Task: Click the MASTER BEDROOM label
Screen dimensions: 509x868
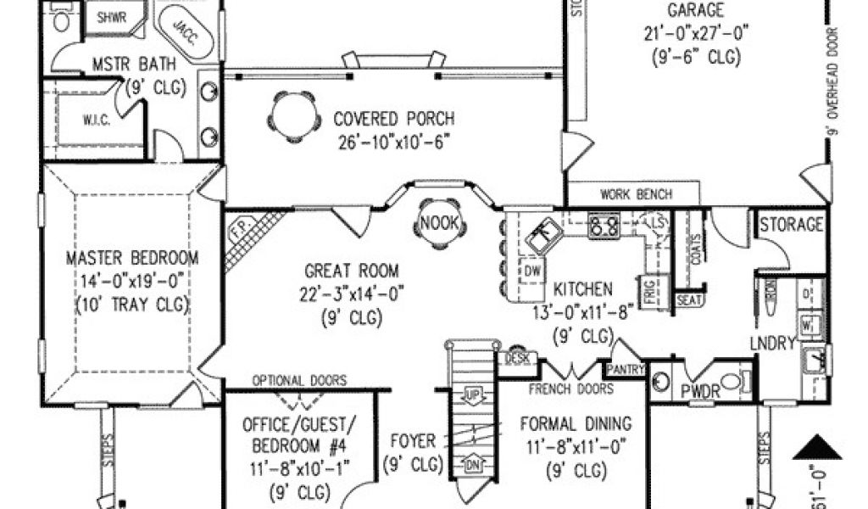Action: [132, 258]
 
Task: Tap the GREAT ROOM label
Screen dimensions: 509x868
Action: [351, 271]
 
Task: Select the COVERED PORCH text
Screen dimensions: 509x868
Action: [393, 119]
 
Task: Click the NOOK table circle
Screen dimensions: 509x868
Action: [440, 225]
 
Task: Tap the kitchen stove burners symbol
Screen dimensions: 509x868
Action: [603, 226]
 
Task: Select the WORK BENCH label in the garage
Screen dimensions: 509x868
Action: [636, 194]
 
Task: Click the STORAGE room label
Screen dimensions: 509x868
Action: [791, 225]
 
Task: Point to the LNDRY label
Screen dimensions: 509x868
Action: [772, 343]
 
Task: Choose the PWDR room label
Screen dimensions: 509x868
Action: [700, 392]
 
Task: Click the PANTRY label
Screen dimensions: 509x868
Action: [626, 370]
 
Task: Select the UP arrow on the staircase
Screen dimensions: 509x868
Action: [472, 395]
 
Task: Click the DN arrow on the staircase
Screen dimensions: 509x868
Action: [472, 464]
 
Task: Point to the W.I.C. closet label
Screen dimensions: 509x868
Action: [96, 120]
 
